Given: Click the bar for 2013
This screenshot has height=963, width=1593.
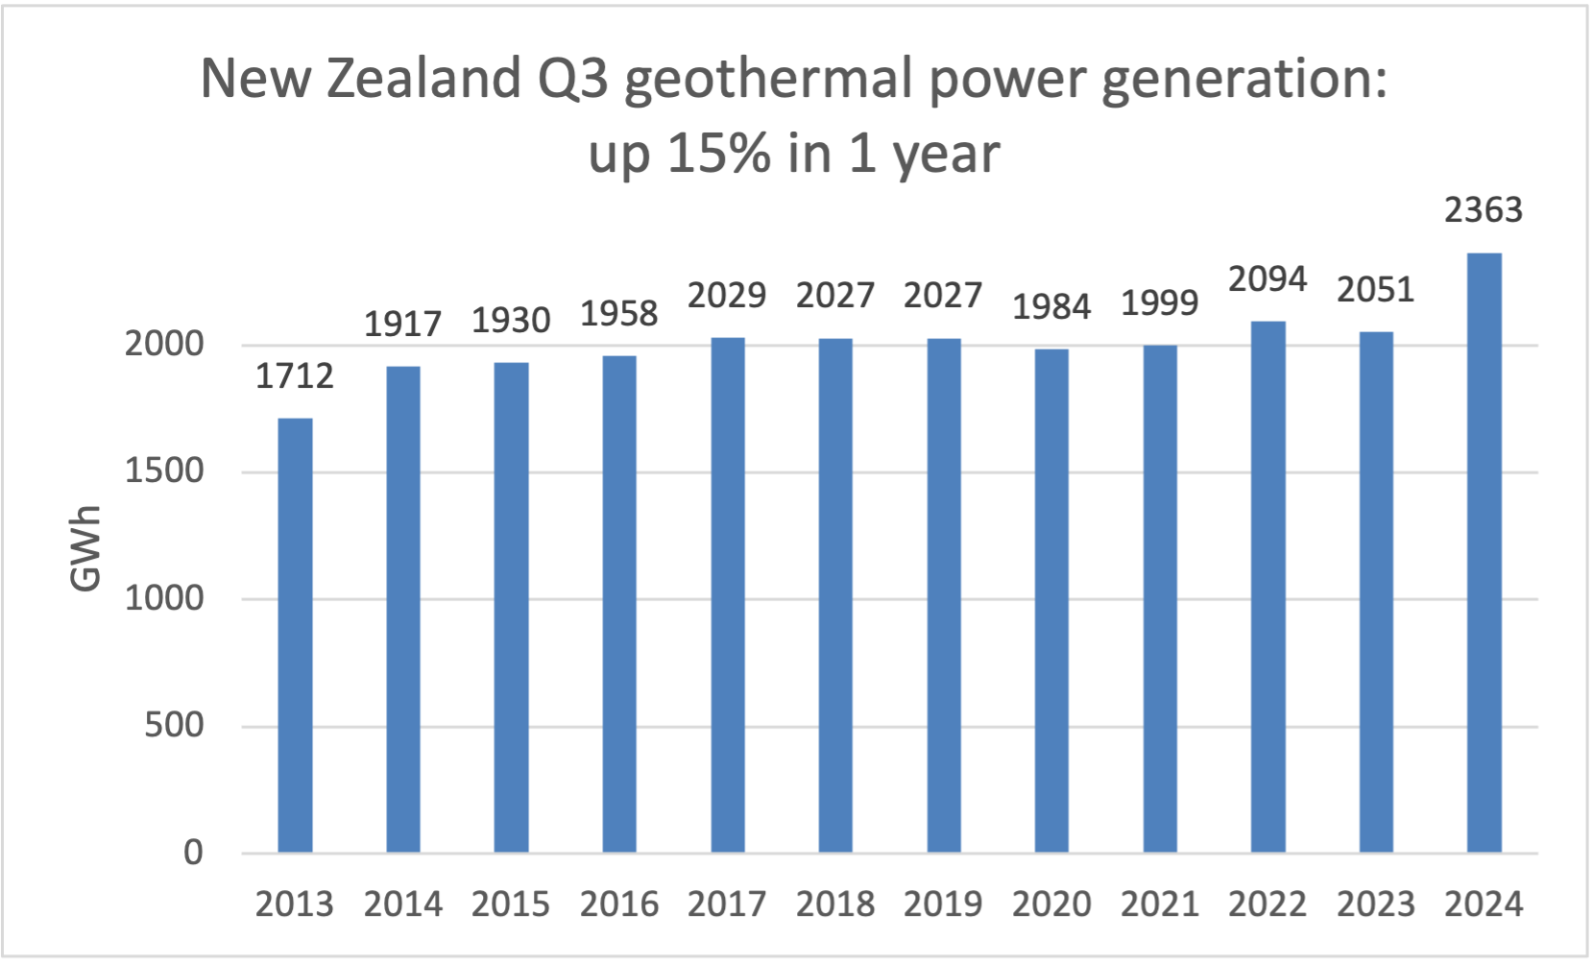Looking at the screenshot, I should tap(295, 635).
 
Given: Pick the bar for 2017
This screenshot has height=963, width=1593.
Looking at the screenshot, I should tap(727, 594).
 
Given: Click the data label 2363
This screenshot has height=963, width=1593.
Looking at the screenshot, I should tap(1484, 210).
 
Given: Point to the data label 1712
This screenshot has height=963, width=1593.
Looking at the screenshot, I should tap(295, 376).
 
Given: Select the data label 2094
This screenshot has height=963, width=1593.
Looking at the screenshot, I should tap(1267, 279).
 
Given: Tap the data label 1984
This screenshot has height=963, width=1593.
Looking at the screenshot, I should tap(1051, 307).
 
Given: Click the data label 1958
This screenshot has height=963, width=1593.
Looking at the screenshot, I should tap(619, 314).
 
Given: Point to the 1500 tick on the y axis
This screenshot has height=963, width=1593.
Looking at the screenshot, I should tap(164, 471).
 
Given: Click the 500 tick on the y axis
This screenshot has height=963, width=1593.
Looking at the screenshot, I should tap(174, 725).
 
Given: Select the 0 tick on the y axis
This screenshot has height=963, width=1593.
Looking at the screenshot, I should tap(193, 852).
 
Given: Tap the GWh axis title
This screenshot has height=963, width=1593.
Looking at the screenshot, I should tap(86, 548).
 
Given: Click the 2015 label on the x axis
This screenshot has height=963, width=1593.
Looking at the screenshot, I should tap(511, 904).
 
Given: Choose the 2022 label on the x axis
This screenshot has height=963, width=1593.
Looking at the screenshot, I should tap(1267, 904).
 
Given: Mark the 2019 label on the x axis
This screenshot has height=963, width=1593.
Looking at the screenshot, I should tap(943, 904).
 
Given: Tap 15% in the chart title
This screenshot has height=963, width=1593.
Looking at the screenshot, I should tap(718, 154).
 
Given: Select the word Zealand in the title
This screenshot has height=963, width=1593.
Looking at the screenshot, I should tap(423, 79).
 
